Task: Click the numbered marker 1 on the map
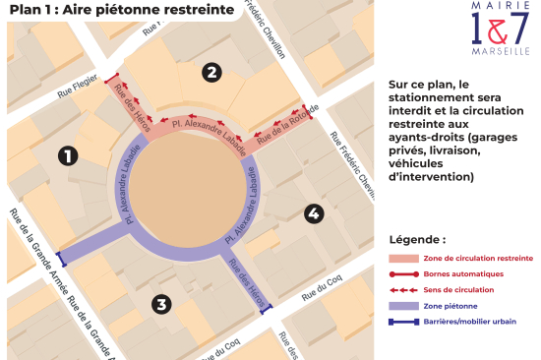pyautogui.click(x=68, y=155)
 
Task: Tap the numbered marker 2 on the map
pyautogui.click(x=210, y=71)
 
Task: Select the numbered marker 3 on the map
pyautogui.click(x=160, y=304)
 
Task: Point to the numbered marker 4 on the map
pyautogui.click(x=313, y=212)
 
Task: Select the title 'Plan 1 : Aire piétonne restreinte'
pyautogui.click(x=122, y=12)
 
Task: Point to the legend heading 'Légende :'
pyautogui.click(x=417, y=239)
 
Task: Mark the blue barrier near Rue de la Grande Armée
pyautogui.click(x=62, y=260)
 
